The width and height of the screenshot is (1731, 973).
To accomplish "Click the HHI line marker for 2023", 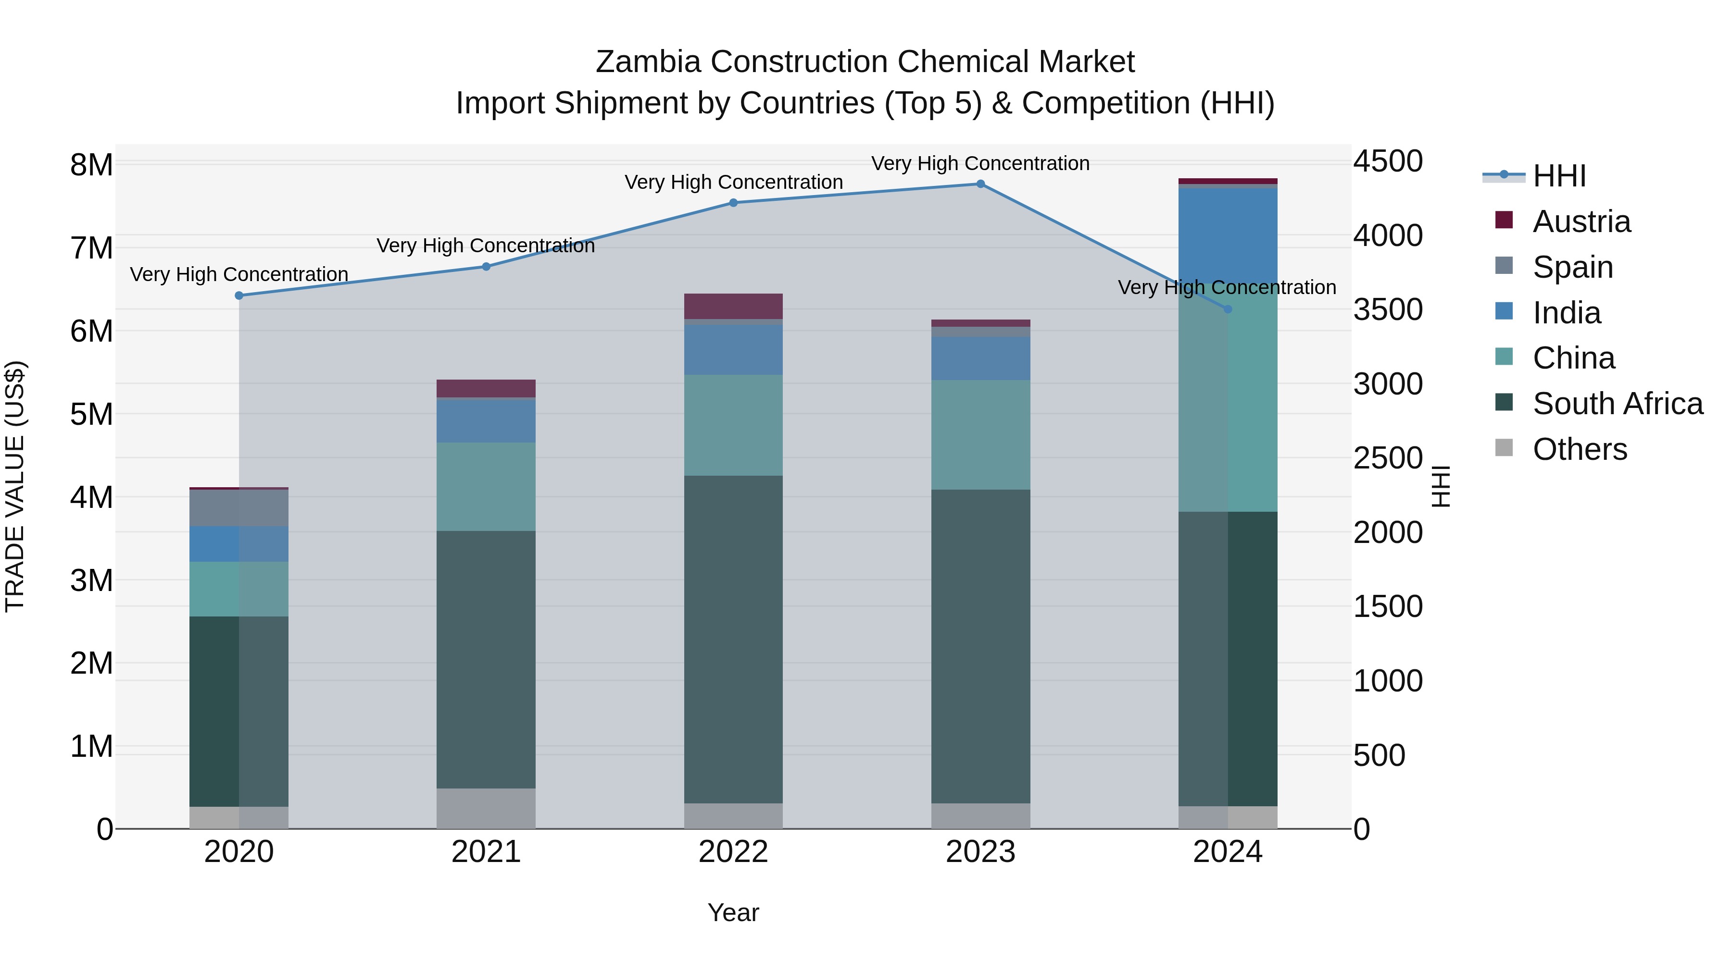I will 980,184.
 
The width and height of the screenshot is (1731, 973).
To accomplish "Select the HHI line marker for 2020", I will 239,296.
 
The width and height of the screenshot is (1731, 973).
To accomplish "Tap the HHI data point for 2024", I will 1228,309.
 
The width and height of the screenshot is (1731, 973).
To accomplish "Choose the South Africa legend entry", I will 1618,404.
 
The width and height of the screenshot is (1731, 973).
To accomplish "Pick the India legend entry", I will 1567,313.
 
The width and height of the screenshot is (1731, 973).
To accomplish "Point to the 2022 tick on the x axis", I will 733,852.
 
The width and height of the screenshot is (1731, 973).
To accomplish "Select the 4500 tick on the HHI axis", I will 1388,162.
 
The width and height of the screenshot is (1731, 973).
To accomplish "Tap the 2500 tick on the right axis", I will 1388,459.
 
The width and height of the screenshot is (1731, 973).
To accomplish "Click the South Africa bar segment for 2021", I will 486,659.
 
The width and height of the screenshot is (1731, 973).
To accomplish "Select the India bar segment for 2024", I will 1228,235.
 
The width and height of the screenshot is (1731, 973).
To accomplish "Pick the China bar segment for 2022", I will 733,425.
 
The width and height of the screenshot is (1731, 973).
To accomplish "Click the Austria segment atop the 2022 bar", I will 733,306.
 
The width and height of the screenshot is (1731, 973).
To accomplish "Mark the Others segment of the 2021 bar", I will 486,809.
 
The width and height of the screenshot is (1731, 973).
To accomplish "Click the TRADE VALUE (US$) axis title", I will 15,486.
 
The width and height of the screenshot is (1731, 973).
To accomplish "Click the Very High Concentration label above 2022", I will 733,183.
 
